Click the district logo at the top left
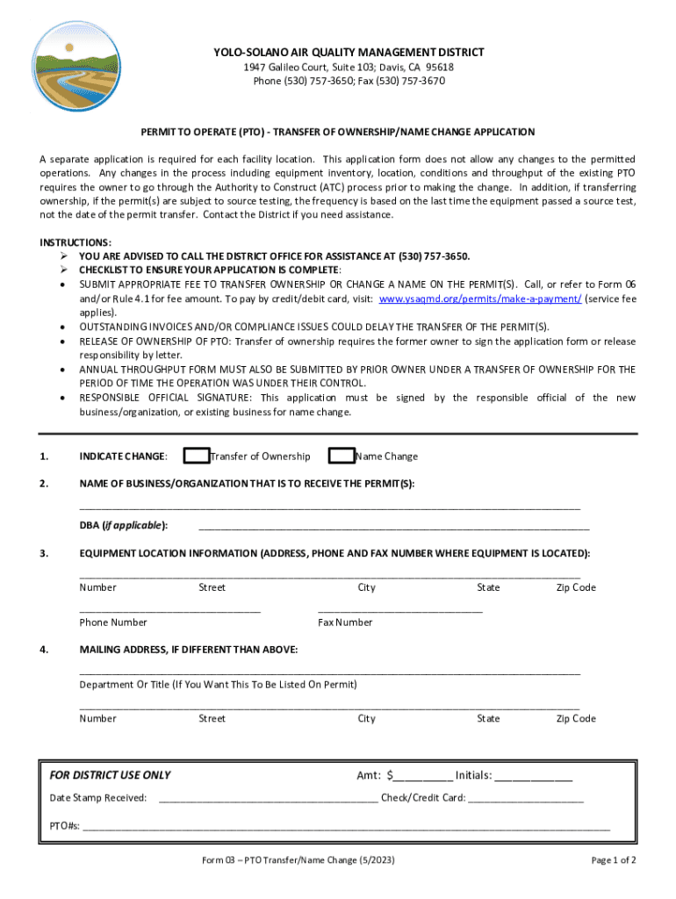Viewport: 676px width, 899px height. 76,67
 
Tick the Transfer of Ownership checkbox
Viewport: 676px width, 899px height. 197,456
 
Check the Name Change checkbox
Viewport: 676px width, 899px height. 341,456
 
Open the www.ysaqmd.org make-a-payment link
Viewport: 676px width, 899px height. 480,298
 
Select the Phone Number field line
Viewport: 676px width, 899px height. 169,608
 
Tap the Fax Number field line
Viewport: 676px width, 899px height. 399,608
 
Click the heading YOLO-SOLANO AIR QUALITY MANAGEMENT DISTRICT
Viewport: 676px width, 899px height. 349,53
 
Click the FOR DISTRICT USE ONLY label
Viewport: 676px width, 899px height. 110,775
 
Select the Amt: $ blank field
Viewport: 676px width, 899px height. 423,777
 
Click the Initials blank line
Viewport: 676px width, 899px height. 534,777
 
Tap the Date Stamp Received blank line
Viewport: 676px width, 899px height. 268,800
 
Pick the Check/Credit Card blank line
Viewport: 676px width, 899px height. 526,800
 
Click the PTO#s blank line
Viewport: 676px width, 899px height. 346,828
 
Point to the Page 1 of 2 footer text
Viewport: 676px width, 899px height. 614,860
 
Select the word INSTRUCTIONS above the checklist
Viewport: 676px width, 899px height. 75,241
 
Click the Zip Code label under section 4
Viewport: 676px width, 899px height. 576,719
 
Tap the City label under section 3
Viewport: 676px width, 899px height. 366,587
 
